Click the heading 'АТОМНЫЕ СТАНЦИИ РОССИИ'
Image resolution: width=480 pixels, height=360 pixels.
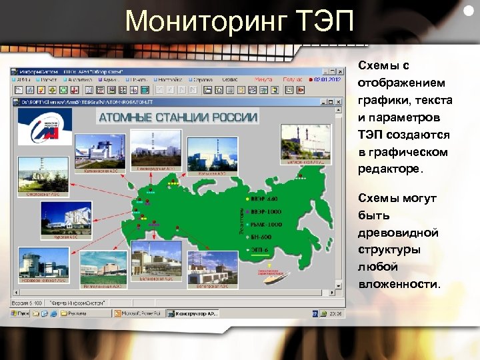[x=178, y=117]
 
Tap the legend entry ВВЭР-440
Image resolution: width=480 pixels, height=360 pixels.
[x=264, y=199]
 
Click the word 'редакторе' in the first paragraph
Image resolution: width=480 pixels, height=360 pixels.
[x=390, y=169]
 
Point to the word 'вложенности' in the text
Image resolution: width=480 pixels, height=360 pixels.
[x=399, y=285]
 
